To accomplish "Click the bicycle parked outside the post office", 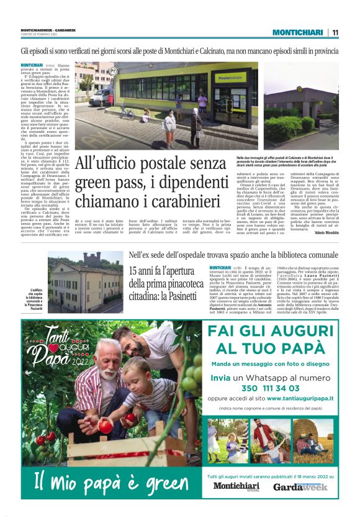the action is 127,114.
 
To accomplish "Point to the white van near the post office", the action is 100,96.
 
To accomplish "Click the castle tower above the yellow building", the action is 94,258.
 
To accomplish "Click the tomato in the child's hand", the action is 106,427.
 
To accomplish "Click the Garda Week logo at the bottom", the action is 300,486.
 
